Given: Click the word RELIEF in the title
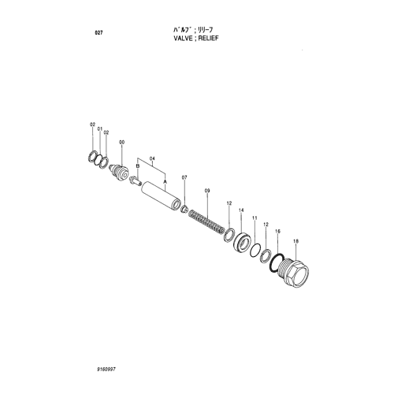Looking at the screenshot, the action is click(x=208, y=38).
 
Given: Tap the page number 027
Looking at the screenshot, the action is click(x=98, y=33).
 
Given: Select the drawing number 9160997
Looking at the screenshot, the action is click(x=106, y=370).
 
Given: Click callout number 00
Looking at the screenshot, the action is click(x=122, y=143).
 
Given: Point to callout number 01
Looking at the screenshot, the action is click(x=100, y=129).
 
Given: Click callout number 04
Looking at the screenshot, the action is click(x=152, y=158).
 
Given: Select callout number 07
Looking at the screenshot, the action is click(x=184, y=177).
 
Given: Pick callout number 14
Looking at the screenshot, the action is click(x=241, y=210).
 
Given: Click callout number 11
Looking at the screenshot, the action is click(x=255, y=217).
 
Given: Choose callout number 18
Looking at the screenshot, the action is click(x=296, y=241).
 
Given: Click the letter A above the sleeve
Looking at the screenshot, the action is click(x=165, y=181).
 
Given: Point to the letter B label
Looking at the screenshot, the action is click(x=137, y=166).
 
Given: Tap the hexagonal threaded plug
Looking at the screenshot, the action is click(x=295, y=272).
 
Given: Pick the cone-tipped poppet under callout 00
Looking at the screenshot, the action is click(x=119, y=172).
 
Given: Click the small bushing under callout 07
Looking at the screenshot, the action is click(x=184, y=209).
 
